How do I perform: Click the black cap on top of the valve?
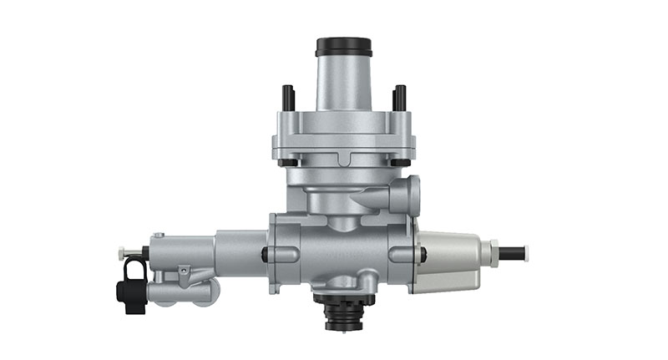[x=343, y=47]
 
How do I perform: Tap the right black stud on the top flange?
[x=399, y=97]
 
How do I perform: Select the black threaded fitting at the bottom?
[x=344, y=312]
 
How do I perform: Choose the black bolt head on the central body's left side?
[x=265, y=254]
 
